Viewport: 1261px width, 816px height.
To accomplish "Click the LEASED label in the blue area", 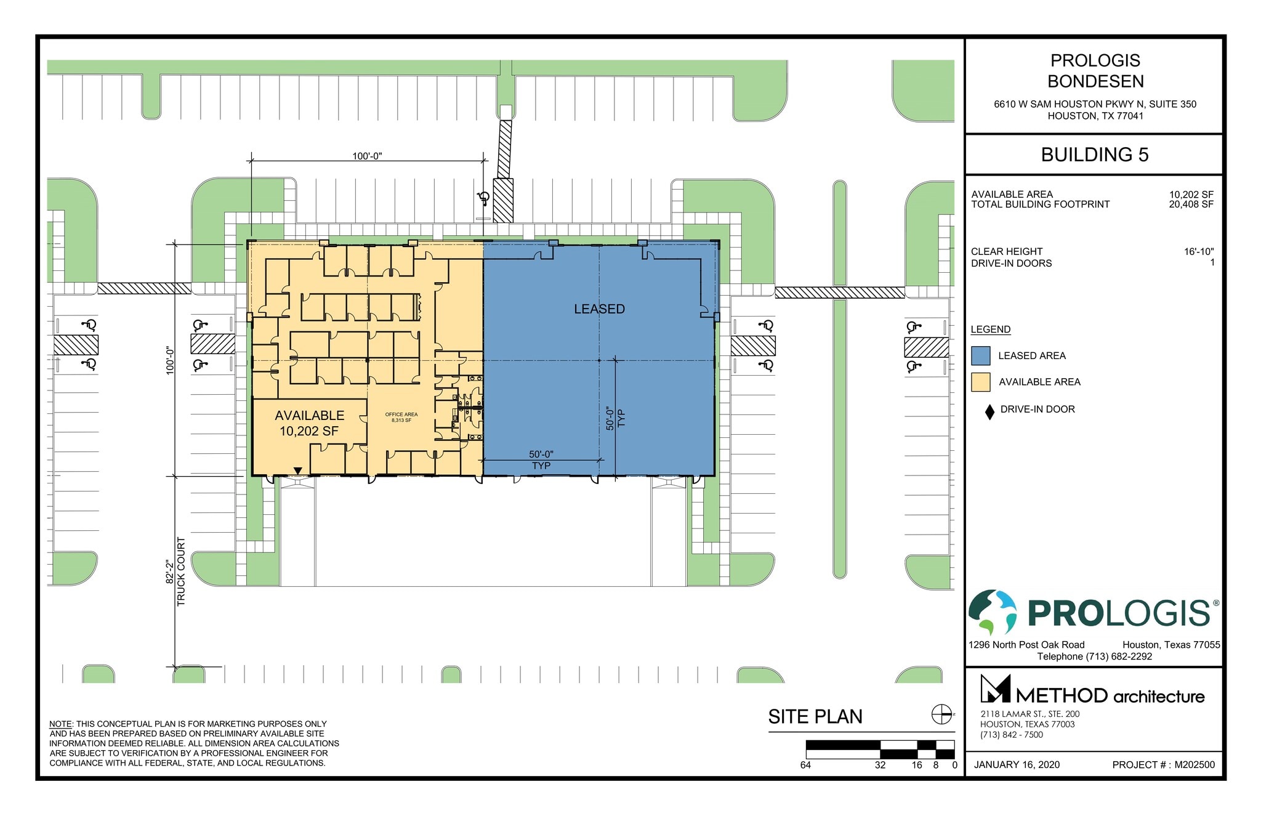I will pos(599,309).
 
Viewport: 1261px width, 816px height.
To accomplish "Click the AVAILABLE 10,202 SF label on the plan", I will pos(309,423).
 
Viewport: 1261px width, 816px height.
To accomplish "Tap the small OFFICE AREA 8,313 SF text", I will pos(401,418).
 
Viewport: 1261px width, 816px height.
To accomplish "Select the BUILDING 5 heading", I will pos(1094,155).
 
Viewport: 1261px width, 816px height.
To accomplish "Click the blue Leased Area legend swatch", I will pos(980,356).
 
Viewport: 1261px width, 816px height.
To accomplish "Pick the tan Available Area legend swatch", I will pos(980,382).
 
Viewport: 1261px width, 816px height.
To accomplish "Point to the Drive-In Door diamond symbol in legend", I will pos(989,412).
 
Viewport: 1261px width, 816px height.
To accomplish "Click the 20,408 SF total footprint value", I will pos(1191,204).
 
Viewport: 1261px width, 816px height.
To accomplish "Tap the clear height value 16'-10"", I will pos(1198,251).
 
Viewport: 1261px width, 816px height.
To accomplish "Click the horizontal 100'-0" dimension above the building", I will pos(367,156).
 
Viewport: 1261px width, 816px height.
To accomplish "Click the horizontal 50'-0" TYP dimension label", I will pos(541,459).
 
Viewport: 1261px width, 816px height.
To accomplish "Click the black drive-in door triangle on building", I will pos(298,471).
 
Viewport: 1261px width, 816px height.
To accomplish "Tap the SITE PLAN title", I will pos(815,717).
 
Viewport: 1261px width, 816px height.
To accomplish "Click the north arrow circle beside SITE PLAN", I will pos(941,714).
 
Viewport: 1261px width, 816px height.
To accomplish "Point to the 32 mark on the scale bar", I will pos(880,765).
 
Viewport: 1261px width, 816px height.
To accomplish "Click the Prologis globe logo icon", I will pos(993,612).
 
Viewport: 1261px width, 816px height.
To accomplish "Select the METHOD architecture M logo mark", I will pos(995,689).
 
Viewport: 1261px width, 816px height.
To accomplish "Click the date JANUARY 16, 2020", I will pos(1017,765).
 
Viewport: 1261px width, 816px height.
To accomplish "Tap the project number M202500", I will pos(1195,765).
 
